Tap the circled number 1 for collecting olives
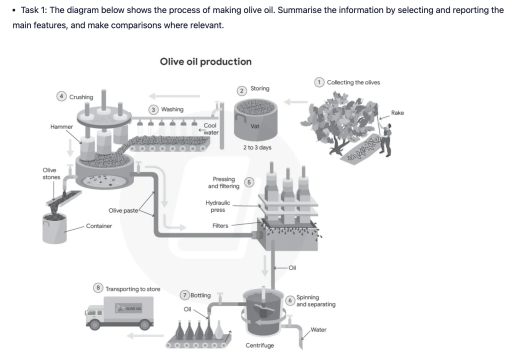(319, 81)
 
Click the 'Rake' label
(397, 113)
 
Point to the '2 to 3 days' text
(257, 148)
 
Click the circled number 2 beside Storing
(241, 90)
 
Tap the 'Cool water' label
(211, 130)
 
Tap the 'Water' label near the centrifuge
(318, 330)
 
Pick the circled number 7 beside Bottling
(184, 295)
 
